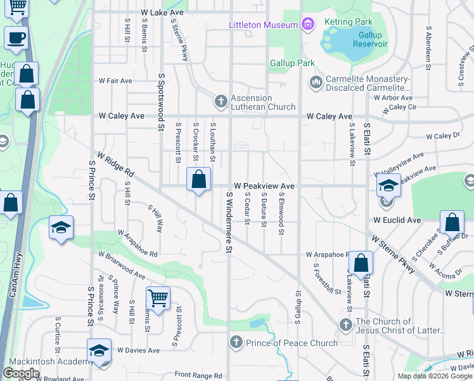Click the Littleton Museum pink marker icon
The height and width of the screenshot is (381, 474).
point(308,25)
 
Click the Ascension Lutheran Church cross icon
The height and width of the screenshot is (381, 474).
point(221,101)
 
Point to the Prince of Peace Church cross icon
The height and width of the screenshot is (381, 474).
point(236,343)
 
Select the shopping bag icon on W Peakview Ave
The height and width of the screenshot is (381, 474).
point(199,180)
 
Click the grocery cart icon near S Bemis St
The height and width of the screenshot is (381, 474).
point(158,297)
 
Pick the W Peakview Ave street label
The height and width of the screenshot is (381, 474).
point(264,186)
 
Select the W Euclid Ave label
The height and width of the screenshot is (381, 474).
point(397,220)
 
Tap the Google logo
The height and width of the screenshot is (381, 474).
point(21,373)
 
